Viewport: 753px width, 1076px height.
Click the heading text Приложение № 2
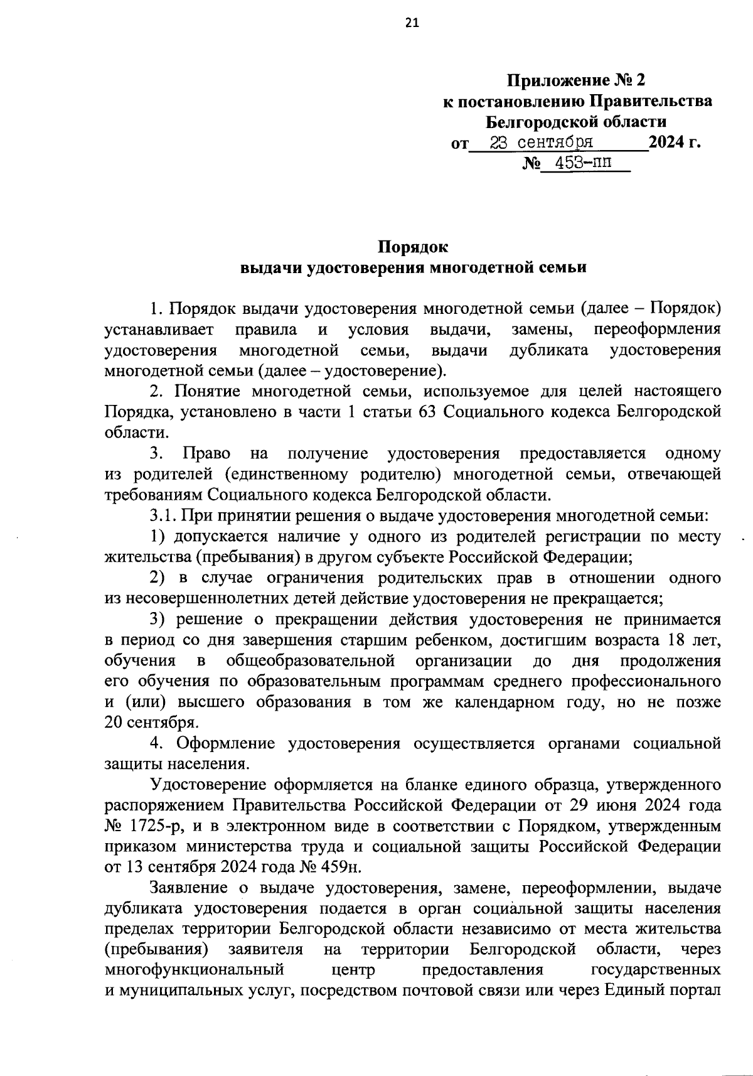click(576, 80)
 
